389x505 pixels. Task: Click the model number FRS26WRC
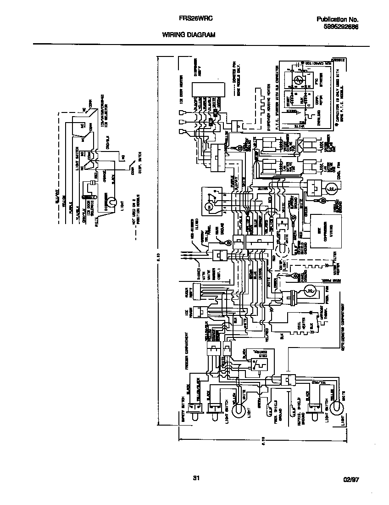(194, 19)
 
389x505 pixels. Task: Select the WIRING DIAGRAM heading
(188, 35)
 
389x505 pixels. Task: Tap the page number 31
(196, 479)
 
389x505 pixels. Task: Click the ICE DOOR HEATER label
(182, 101)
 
